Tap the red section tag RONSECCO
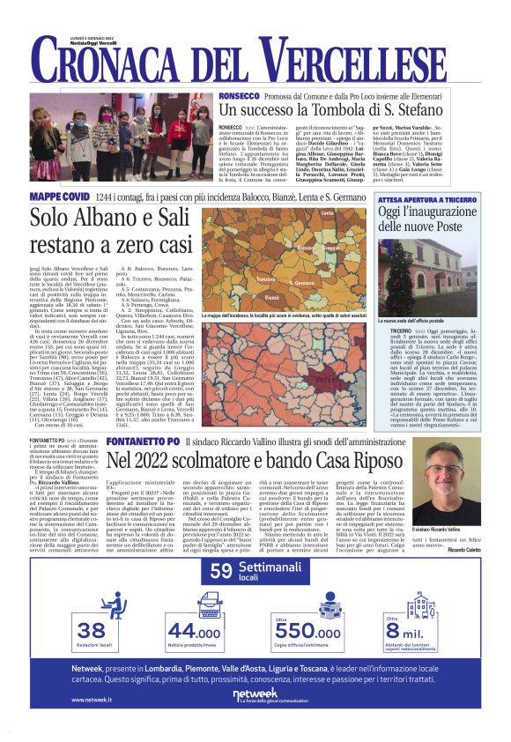238,95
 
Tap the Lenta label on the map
327,214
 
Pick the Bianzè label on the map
272,297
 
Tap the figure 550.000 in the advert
307,633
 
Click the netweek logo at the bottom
255,694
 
